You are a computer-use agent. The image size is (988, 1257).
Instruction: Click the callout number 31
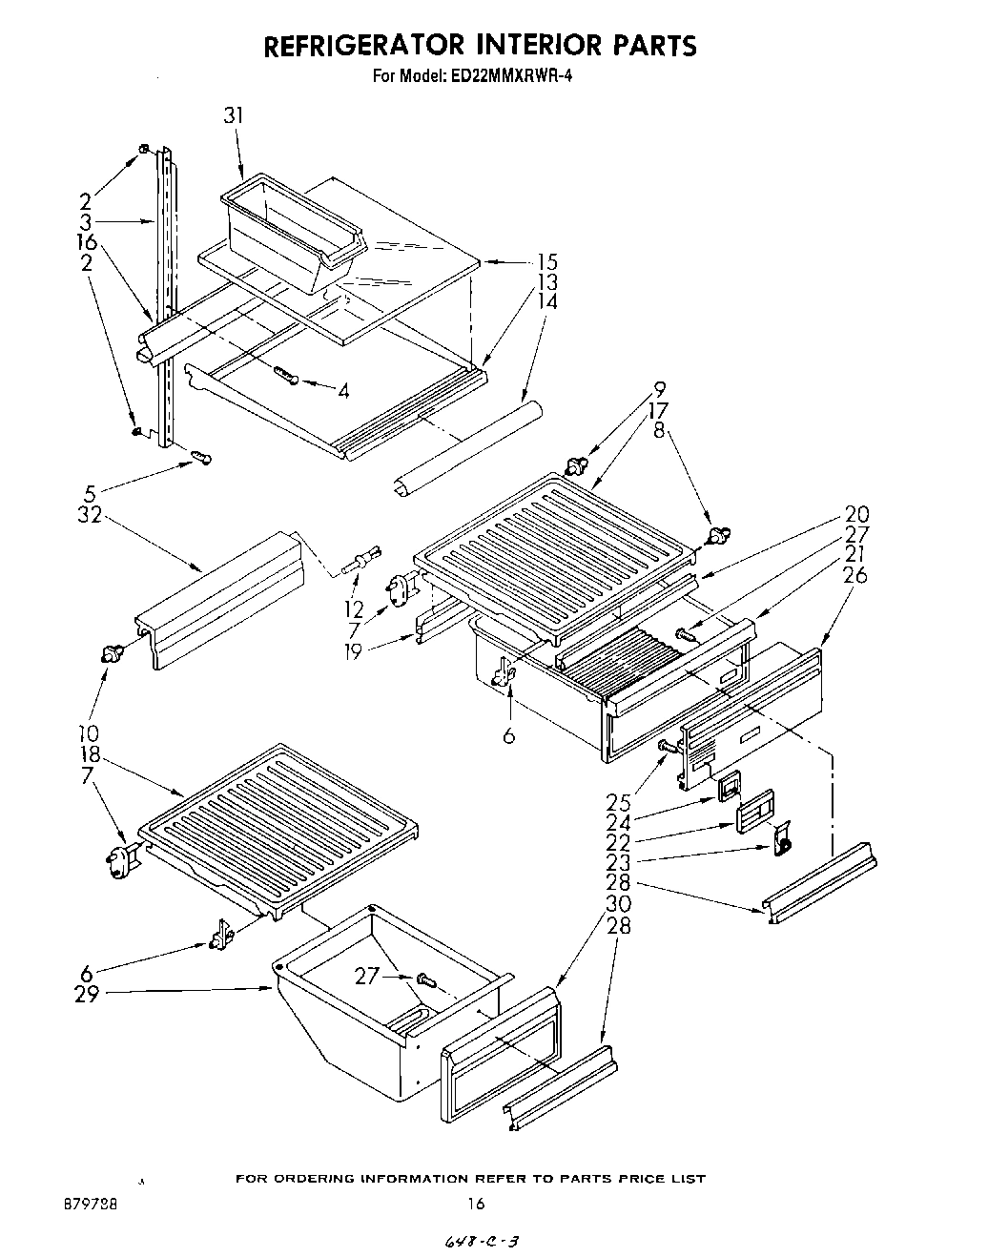pyautogui.click(x=234, y=115)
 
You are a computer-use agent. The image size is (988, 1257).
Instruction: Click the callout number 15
pyautogui.click(x=546, y=261)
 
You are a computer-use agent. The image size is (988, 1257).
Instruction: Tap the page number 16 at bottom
pyautogui.click(x=475, y=1204)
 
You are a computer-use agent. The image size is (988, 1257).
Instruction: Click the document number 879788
pyautogui.click(x=93, y=1205)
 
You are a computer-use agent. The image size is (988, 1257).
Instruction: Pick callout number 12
pyautogui.click(x=354, y=608)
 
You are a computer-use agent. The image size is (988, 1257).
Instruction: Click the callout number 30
pyautogui.click(x=618, y=903)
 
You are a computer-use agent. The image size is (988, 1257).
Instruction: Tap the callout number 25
pyautogui.click(x=618, y=803)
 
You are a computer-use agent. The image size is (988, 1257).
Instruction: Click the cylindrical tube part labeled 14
pyautogui.click(x=467, y=446)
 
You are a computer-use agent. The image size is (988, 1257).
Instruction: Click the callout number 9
pyautogui.click(x=660, y=389)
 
